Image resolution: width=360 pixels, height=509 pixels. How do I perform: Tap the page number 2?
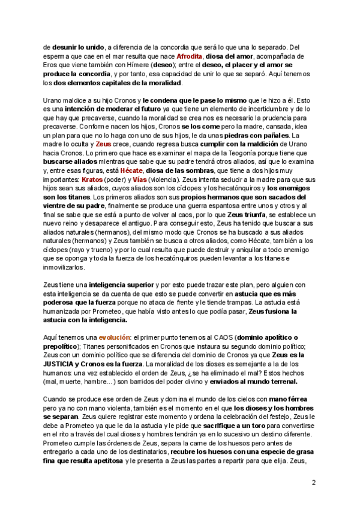click(314, 483)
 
